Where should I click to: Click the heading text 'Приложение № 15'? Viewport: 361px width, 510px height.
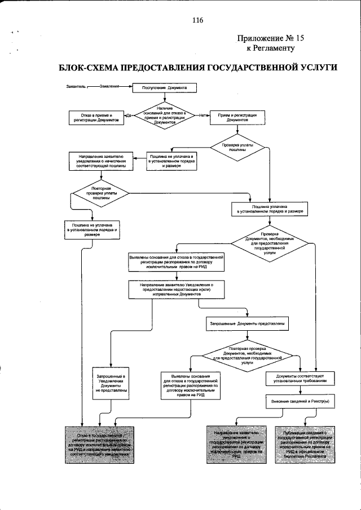click(271, 38)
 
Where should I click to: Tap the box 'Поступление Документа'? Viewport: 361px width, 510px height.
click(164, 88)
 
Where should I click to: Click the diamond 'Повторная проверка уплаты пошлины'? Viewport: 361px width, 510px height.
click(101, 193)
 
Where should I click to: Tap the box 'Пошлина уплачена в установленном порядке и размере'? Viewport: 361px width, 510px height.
click(269, 209)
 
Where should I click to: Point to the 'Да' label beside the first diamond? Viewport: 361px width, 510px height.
click(129, 116)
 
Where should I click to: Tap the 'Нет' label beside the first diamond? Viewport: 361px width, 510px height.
click(202, 116)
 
